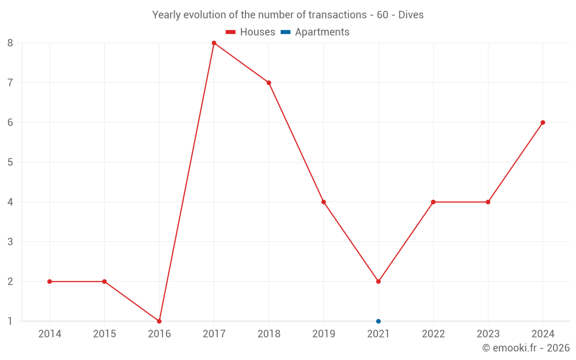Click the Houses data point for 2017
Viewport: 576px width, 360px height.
[x=214, y=43]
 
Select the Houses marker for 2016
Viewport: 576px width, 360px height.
[x=159, y=321]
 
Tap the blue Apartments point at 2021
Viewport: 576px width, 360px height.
[x=378, y=321]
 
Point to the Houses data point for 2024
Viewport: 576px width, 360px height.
[x=543, y=123]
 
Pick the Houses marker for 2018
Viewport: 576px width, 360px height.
[x=269, y=83]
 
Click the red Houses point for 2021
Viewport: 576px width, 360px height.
[x=378, y=281]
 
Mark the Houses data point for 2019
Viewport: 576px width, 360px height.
[x=324, y=202]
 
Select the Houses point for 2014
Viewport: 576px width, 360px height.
[x=50, y=281]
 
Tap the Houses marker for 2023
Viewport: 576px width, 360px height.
[x=488, y=202]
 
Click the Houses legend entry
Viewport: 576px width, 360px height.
[x=251, y=32]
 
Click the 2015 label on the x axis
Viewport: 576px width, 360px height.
[x=104, y=334]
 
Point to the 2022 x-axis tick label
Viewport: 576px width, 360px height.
[x=433, y=334]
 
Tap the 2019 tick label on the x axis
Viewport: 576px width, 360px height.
[x=324, y=334]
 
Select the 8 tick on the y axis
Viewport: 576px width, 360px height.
[x=10, y=43]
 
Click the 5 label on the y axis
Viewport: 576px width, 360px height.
[x=10, y=162]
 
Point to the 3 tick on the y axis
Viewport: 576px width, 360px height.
[x=10, y=242]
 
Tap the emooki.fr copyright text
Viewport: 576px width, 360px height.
[x=526, y=348]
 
